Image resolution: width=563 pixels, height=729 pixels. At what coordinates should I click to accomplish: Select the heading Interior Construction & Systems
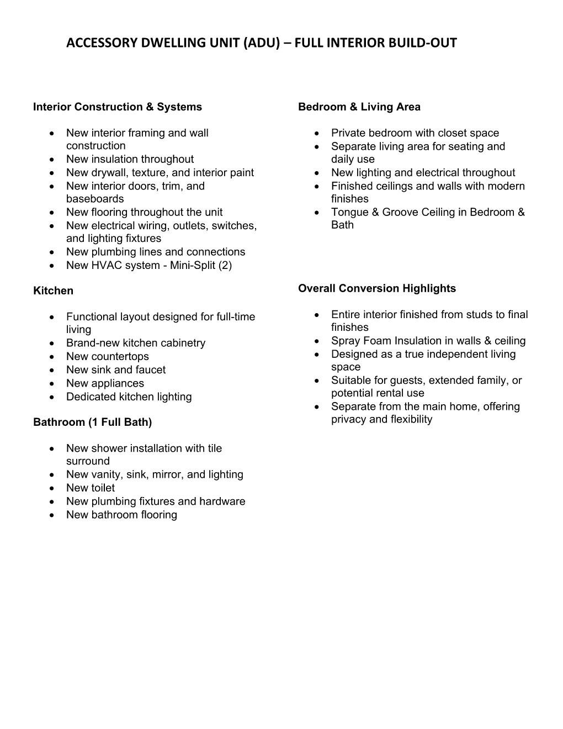[x=118, y=107]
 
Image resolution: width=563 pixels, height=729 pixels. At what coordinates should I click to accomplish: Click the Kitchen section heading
[x=53, y=291]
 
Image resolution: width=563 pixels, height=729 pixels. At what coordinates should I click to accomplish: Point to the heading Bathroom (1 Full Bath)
[x=92, y=422]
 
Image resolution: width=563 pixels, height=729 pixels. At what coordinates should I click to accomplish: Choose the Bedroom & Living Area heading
[x=359, y=107]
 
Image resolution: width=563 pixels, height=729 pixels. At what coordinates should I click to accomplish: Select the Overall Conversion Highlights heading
[x=376, y=288]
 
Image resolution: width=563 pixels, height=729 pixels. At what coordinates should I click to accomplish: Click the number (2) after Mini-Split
[x=225, y=266]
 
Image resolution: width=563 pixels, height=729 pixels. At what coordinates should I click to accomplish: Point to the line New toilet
[x=91, y=488]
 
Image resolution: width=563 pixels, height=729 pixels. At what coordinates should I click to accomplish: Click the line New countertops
[x=107, y=357]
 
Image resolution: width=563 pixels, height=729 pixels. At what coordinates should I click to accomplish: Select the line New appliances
[x=105, y=383]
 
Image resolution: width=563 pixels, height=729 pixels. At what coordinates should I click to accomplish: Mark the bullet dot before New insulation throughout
[x=52, y=160]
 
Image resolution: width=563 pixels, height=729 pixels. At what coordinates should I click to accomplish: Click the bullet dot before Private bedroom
[x=317, y=133]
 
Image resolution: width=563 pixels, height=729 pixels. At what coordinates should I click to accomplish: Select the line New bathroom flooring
[x=121, y=515]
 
